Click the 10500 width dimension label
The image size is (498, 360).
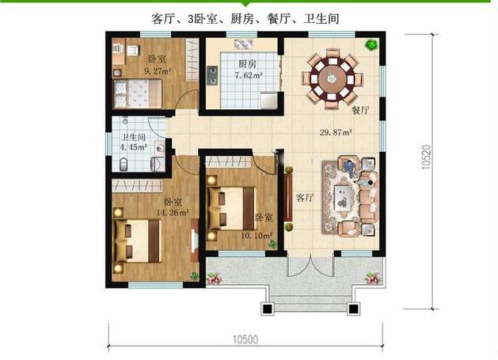(247, 339)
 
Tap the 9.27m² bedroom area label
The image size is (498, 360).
(158, 70)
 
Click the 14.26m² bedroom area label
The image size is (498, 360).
(171, 212)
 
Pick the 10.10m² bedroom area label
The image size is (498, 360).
(257, 234)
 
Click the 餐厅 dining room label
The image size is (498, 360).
(361, 111)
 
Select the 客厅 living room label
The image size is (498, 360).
(304, 197)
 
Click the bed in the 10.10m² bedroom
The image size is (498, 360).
(231, 206)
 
